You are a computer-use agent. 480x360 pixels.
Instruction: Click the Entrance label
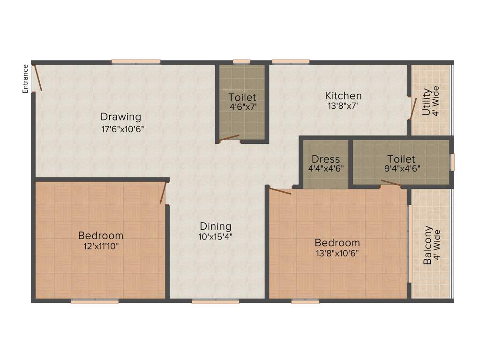[x=26, y=78]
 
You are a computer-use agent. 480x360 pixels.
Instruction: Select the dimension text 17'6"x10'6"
[x=122, y=129]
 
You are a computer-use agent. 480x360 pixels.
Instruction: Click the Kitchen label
[x=344, y=96]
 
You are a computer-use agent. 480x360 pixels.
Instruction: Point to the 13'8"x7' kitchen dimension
[x=343, y=106]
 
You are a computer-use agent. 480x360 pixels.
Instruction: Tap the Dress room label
[x=326, y=159]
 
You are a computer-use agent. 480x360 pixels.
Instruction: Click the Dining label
[x=216, y=226]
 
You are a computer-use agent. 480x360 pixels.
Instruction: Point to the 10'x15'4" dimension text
[x=216, y=236]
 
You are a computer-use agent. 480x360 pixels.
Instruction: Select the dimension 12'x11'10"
[x=101, y=245]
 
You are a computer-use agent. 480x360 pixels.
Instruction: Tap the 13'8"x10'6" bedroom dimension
[x=337, y=253]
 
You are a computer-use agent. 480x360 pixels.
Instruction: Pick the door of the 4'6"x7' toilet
[x=229, y=138]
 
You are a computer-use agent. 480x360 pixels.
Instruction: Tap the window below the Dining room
[x=216, y=302]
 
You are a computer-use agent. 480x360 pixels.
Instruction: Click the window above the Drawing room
[x=136, y=61]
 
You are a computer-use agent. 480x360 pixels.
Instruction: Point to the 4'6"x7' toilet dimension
[x=242, y=107]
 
